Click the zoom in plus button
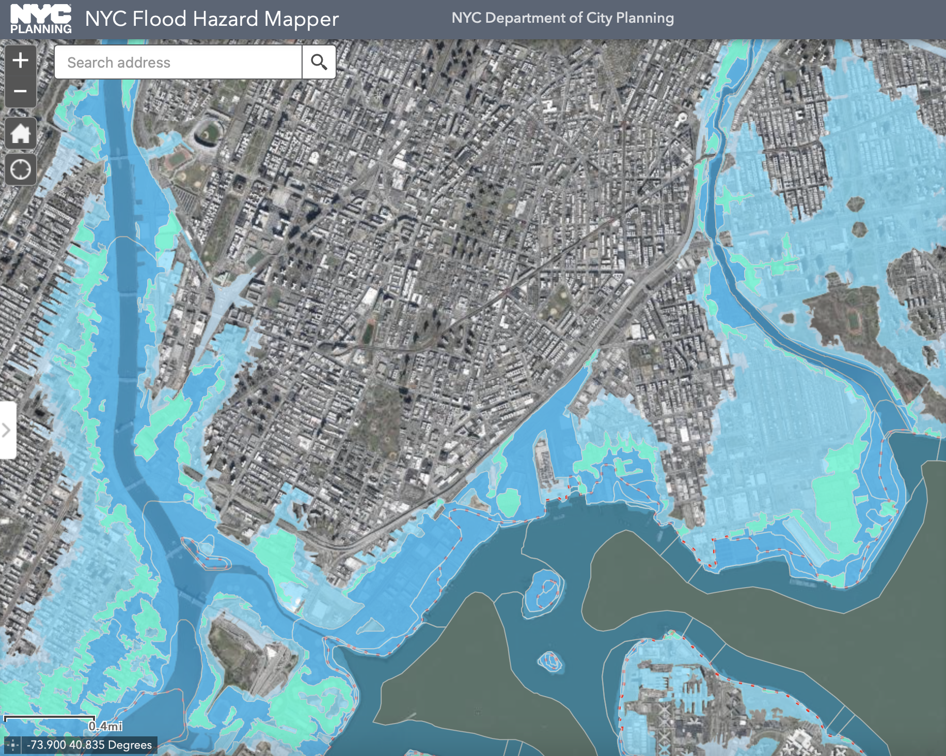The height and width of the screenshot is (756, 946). tap(21, 60)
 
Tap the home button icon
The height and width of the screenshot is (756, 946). tap(21, 134)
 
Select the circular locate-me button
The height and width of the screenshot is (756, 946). tap(21, 169)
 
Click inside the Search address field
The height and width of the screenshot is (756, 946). tap(178, 62)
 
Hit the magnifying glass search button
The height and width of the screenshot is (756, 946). tap(319, 62)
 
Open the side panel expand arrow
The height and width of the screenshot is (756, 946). tap(7, 430)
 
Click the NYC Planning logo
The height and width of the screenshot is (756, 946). tap(41, 19)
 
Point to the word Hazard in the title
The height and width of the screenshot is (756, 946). tap(225, 19)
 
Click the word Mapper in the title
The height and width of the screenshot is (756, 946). tap(302, 20)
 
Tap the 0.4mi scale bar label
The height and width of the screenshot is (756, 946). tap(105, 726)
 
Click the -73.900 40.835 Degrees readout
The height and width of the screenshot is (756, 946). tap(89, 745)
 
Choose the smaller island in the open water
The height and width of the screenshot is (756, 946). tap(550, 660)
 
